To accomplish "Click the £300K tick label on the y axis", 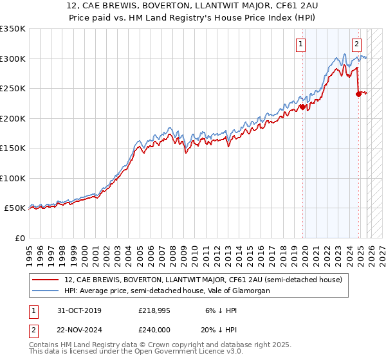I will coord(13,59).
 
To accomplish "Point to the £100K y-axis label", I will coord(13,178).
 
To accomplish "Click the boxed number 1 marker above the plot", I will coord(301,44).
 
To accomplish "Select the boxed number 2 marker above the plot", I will coord(356,44).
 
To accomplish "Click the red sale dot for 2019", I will coord(302,107).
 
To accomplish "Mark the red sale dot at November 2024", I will coord(358,94).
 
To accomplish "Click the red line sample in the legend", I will coord(46,280).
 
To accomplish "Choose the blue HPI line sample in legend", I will coord(46,291).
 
